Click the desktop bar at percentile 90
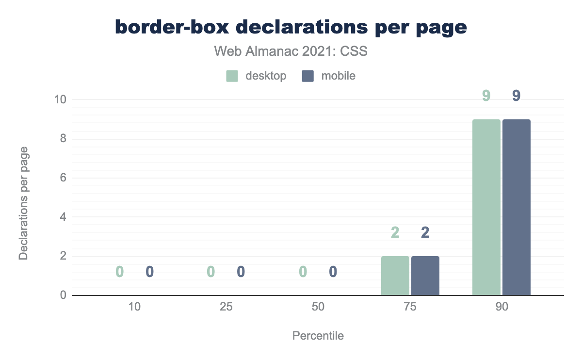[x=486, y=207]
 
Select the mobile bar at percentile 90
[x=517, y=207]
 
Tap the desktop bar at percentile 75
[x=395, y=276]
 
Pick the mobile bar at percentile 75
[x=425, y=276]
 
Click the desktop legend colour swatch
[x=232, y=76]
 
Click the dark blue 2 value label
[x=425, y=233]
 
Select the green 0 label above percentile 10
[x=120, y=272]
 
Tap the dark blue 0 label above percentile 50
[x=333, y=272]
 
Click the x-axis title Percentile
[x=318, y=336]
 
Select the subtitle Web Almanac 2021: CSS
[x=291, y=51]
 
